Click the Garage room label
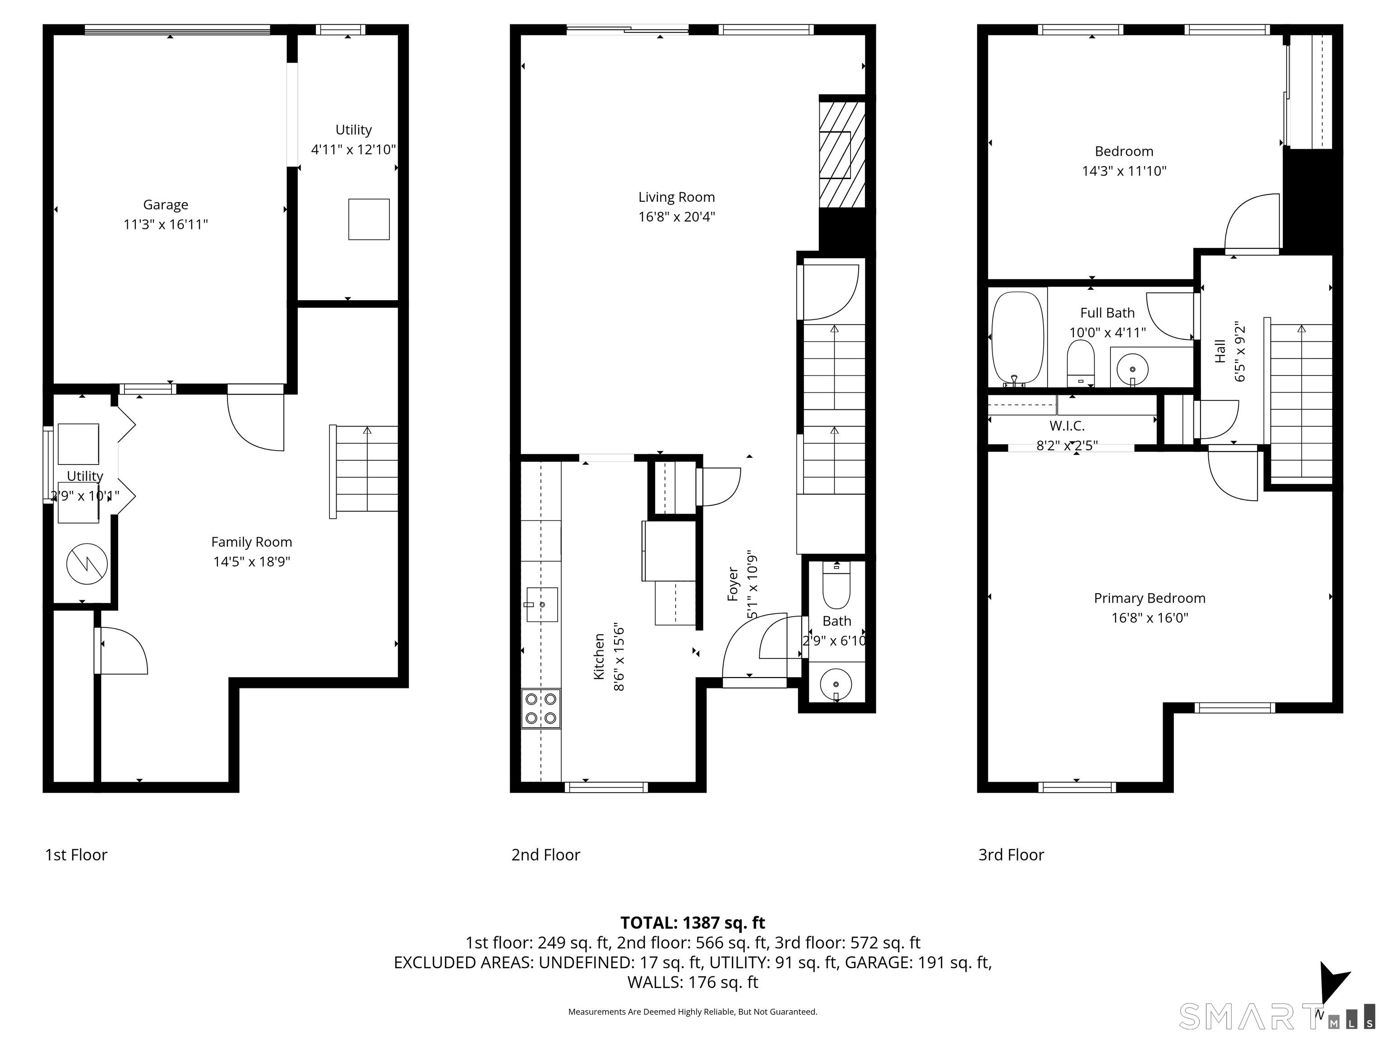click(x=166, y=204)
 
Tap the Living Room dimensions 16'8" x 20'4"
click(x=676, y=217)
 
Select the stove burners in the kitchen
click(x=541, y=708)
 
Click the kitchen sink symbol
click(x=542, y=604)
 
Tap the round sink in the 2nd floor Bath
click(x=836, y=684)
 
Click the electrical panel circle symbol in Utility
click(x=87, y=564)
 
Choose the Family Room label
click(x=251, y=542)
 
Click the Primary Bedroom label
click(x=1149, y=598)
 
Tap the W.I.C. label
click(x=1067, y=426)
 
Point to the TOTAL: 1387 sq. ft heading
click(x=693, y=923)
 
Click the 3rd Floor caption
click(x=1011, y=855)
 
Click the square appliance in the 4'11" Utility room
click(x=369, y=219)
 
